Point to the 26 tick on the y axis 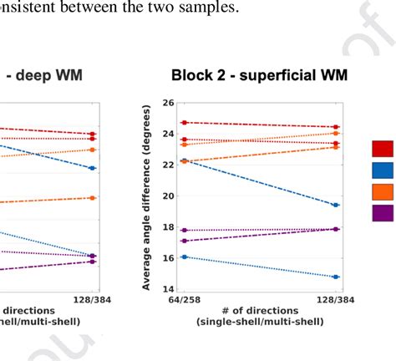(167, 103)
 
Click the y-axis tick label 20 (167, 196)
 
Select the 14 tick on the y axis (167, 289)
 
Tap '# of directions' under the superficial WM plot (259, 311)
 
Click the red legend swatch (383, 149)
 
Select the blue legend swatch (383, 170)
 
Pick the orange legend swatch (383, 191)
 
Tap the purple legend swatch (383, 213)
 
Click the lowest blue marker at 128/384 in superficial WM (336, 277)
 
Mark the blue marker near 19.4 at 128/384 (336, 205)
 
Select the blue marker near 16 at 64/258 (184, 257)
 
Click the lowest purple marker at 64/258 (184, 241)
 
